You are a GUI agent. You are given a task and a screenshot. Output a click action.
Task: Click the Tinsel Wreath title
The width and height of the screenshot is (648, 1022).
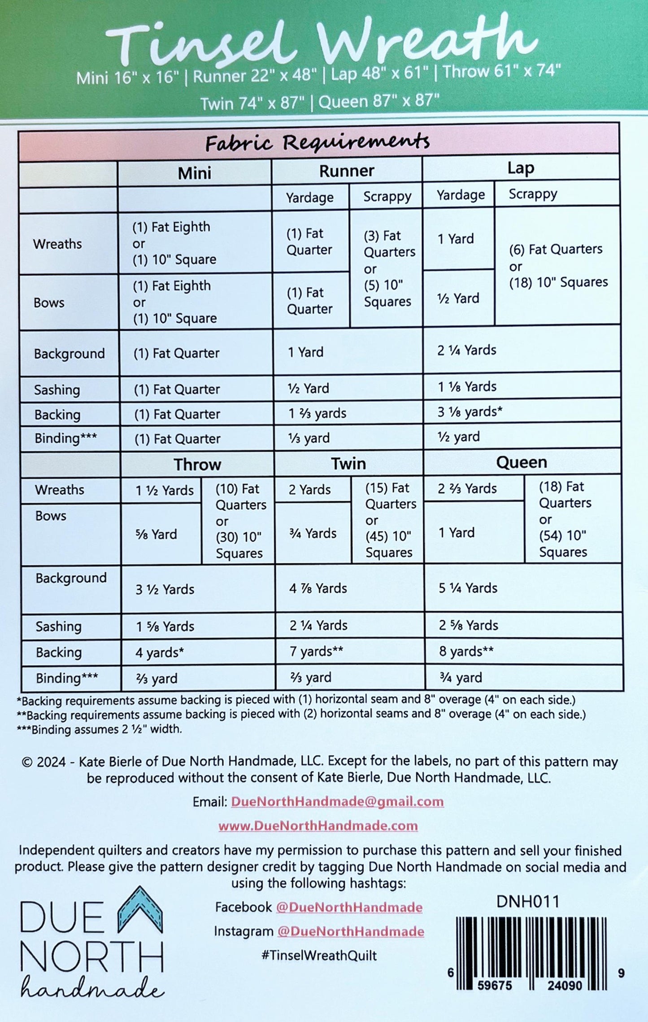pos(321,43)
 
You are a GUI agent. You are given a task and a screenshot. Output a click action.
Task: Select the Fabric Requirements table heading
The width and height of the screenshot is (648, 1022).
pos(317,143)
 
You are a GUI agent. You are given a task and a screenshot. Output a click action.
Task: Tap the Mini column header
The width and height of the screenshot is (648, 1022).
pos(194,173)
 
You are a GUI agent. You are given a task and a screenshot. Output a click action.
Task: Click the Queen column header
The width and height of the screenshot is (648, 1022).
pos(521,462)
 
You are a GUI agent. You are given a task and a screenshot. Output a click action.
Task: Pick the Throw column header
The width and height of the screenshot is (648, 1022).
pos(197,464)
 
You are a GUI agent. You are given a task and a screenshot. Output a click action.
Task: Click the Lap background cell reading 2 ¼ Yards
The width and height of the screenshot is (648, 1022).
pos(467,351)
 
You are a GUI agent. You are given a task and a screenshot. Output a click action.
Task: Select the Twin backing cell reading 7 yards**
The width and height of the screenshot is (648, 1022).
pos(316,651)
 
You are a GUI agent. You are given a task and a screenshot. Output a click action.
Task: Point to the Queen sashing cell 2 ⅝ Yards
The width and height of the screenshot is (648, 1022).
pos(468,625)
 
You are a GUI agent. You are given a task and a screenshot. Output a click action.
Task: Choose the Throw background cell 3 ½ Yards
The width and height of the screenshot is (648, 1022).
pos(165,589)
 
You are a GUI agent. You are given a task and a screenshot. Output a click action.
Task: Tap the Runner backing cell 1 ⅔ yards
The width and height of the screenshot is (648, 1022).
pos(317,413)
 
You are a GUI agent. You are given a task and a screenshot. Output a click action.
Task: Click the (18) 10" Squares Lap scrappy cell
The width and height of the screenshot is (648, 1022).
pos(558,266)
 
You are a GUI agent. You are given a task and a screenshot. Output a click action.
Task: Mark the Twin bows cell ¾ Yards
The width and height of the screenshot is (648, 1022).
pos(313,533)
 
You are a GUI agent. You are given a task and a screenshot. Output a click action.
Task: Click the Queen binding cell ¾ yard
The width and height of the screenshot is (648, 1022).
pos(461,677)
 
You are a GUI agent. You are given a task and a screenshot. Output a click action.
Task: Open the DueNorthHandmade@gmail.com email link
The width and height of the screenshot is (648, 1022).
pos(337,802)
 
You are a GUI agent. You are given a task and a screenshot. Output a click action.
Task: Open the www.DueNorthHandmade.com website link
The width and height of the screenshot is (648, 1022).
pos(318,826)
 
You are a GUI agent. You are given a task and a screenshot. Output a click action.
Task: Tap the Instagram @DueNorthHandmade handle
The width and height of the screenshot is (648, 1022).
pos(350,931)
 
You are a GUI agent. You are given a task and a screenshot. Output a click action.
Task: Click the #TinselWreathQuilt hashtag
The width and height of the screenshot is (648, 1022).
pos(319,955)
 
